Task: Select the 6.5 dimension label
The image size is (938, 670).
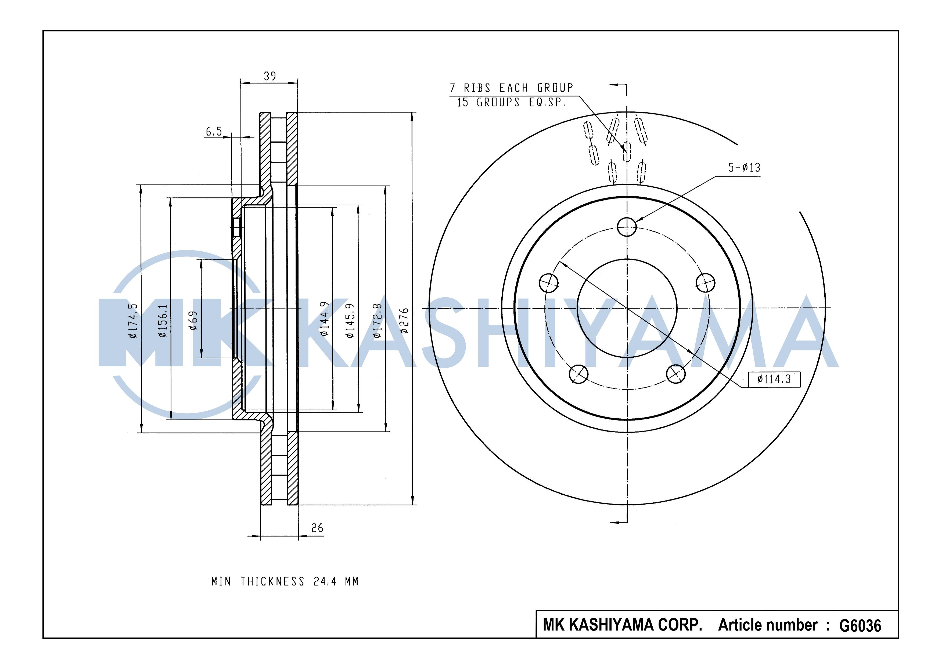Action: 214,132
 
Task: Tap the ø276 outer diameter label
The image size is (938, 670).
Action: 404,321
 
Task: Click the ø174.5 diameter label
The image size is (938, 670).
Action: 133,321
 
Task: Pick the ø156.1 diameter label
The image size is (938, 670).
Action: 163,321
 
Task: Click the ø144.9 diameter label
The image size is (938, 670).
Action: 325,318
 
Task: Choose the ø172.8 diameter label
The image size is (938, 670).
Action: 377,321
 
